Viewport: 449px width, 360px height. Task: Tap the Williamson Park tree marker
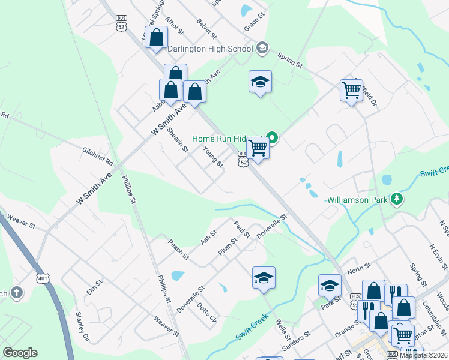[396, 199]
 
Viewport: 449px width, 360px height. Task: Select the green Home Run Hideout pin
[272, 138]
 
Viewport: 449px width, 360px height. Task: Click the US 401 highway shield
[43, 278]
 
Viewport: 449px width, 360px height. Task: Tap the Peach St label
[179, 251]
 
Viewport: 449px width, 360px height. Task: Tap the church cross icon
[17, 293]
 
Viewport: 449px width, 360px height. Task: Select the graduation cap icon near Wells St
[264, 277]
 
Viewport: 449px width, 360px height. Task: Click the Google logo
[20, 353]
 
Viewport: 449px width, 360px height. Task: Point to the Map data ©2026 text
[423, 355]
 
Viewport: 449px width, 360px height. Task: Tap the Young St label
[213, 157]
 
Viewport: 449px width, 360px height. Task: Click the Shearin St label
[178, 139]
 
